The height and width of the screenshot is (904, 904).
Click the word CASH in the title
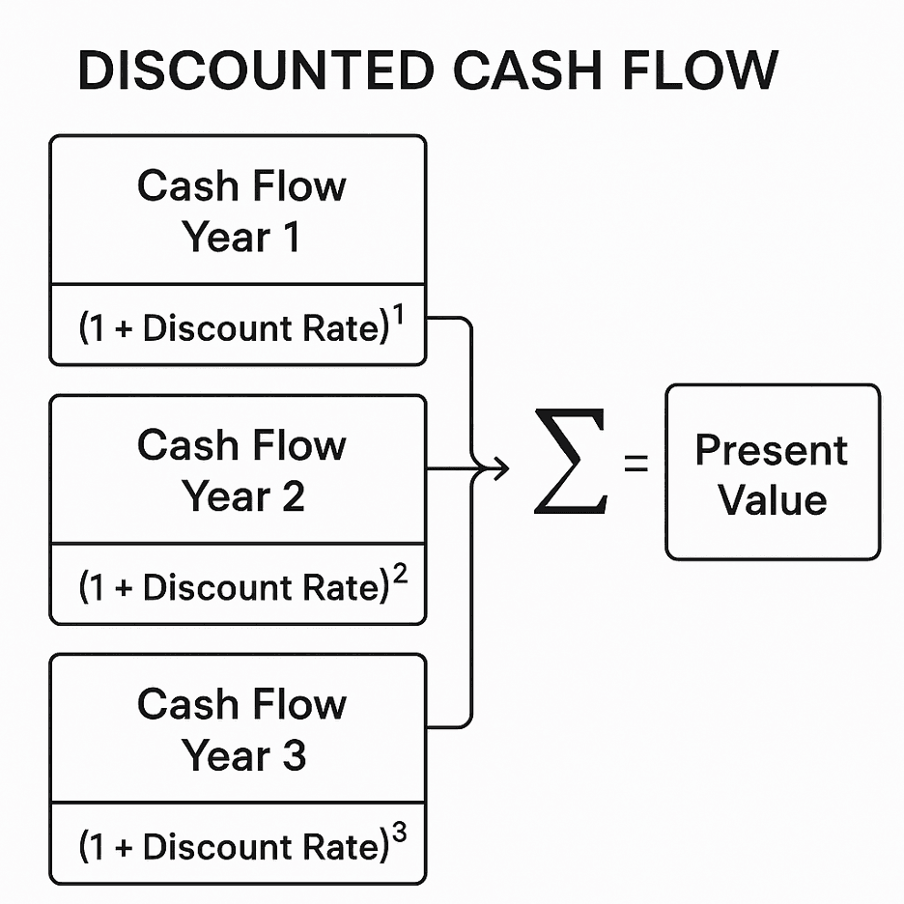point(536,71)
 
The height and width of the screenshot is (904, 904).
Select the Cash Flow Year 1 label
point(240,211)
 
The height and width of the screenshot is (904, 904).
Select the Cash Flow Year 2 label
point(240,470)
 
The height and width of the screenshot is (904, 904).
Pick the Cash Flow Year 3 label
point(240,729)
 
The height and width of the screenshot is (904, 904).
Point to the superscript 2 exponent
point(400,576)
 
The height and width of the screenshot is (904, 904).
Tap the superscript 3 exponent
point(400,835)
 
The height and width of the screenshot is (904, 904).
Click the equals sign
point(636,466)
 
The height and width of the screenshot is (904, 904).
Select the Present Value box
point(773,472)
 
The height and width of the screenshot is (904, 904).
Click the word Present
point(772,450)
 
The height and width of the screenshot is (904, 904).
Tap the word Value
point(773,499)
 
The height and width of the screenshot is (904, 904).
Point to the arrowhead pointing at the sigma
point(501,470)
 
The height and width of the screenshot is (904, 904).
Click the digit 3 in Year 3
point(293,755)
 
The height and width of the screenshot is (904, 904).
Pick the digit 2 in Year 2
point(293,496)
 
